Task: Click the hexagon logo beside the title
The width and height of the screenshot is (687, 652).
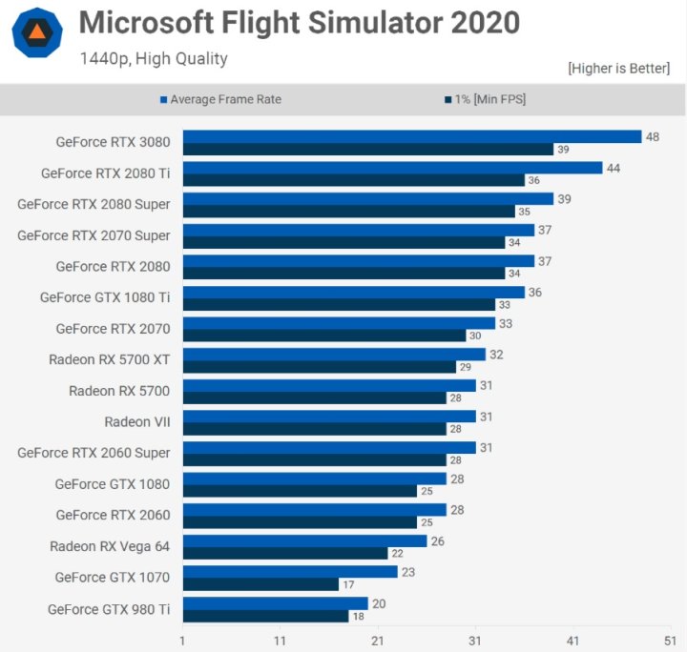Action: [x=37, y=33]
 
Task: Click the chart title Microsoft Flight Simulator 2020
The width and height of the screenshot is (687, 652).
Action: [x=299, y=23]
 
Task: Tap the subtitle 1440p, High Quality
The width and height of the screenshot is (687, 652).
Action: [x=154, y=58]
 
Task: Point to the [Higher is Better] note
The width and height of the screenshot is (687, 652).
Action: [x=618, y=69]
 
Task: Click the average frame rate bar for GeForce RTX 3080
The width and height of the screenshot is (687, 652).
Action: [x=411, y=136]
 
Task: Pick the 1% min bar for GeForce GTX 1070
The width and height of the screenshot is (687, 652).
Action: [x=260, y=584]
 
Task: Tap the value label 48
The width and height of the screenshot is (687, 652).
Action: [x=653, y=136]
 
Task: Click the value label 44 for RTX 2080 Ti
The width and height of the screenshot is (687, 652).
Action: [x=614, y=168]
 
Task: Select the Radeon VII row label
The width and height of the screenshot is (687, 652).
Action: [x=137, y=421]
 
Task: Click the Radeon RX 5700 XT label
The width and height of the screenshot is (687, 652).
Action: [x=109, y=359]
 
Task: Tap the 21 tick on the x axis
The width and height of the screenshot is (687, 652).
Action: [x=378, y=641]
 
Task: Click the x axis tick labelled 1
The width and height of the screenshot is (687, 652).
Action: [x=182, y=641]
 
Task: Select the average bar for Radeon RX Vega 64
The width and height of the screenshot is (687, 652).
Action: [x=304, y=540]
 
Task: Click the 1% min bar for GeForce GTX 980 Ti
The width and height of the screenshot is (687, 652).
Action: [x=265, y=616]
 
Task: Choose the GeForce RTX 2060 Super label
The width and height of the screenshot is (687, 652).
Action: [x=94, y=453]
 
